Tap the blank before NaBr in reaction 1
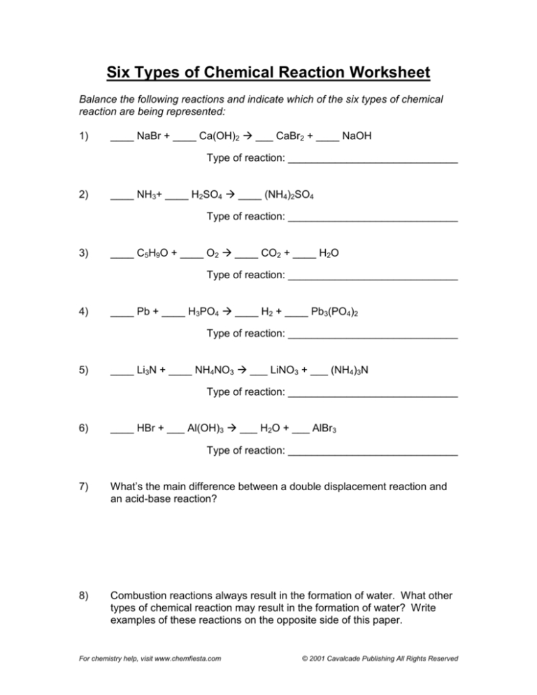122,138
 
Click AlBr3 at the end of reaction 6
327,429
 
